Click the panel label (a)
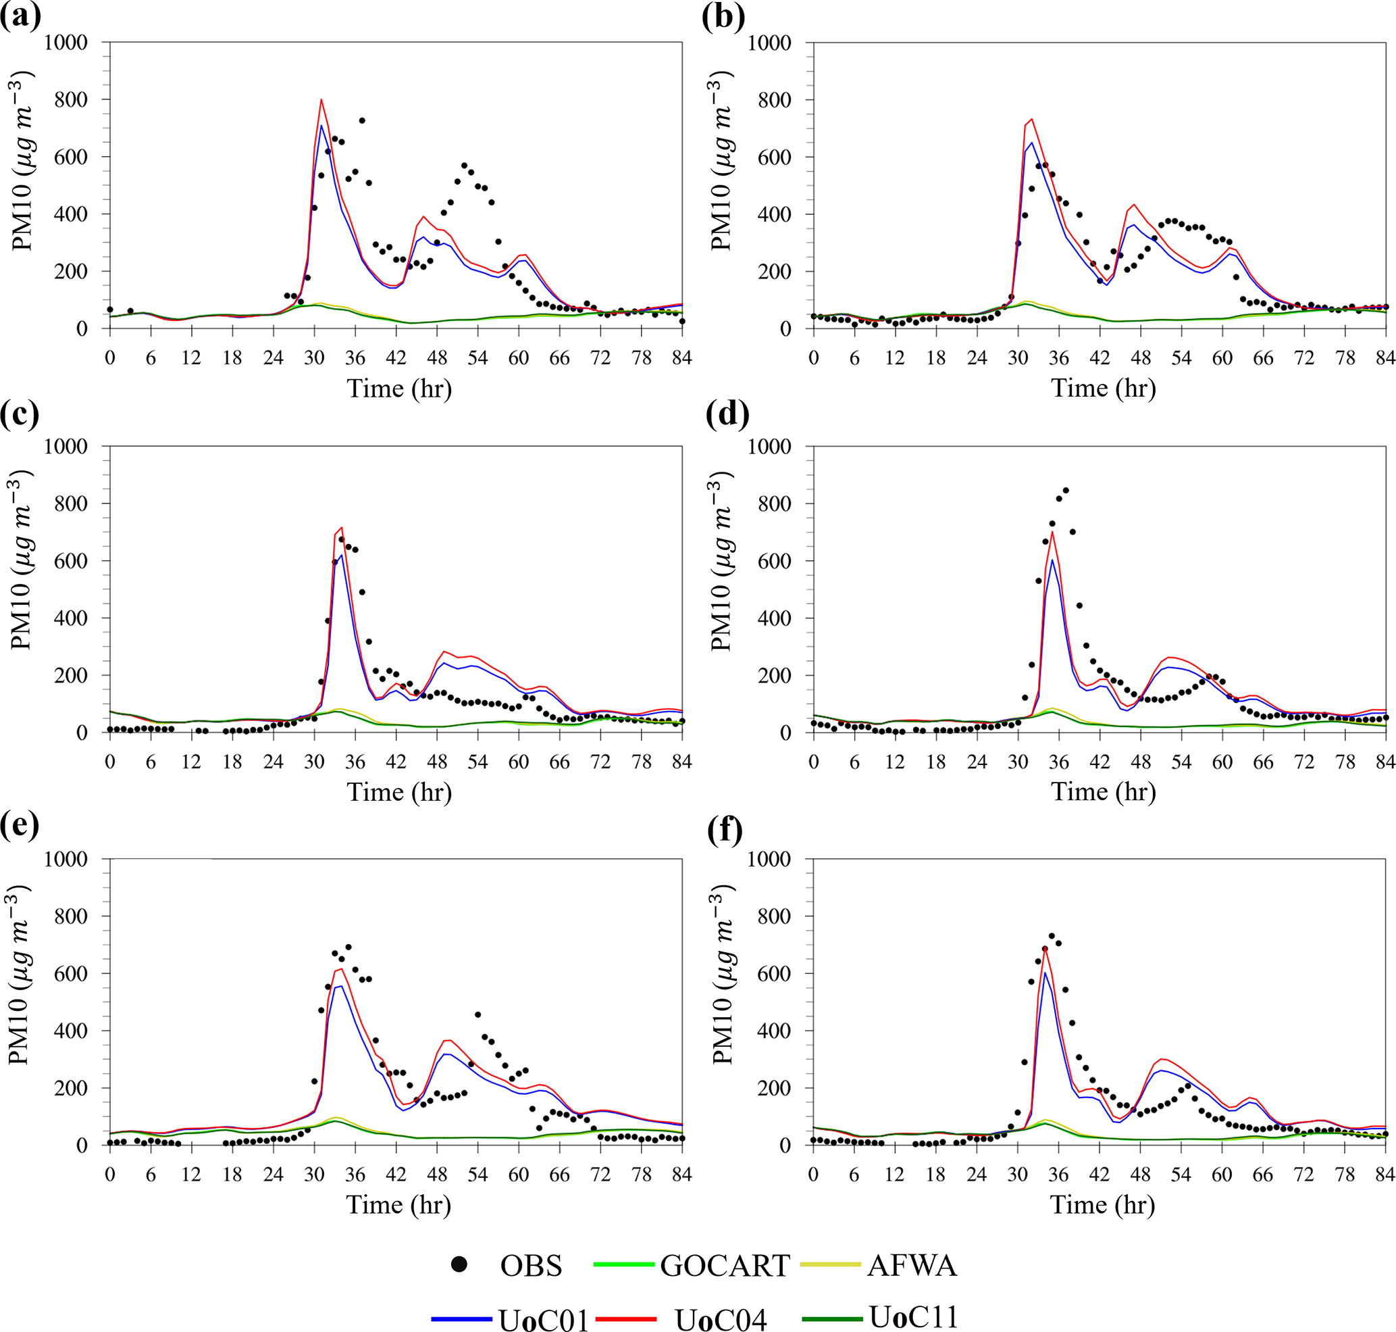(20, 16)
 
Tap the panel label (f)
(725, 829)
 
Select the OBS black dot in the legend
(460, 1264)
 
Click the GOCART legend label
(725, 1266)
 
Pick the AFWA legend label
(912, 1266)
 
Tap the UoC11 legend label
(913, 1316)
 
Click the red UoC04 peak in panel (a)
(321, 100)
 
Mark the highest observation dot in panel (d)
(1065, 491)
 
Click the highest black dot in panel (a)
(362, 121)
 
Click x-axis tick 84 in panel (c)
(681, 762)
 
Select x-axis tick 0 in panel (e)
(110, 1175)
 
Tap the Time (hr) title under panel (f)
(1103, 1205)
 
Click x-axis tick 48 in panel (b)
(1141, 358)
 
